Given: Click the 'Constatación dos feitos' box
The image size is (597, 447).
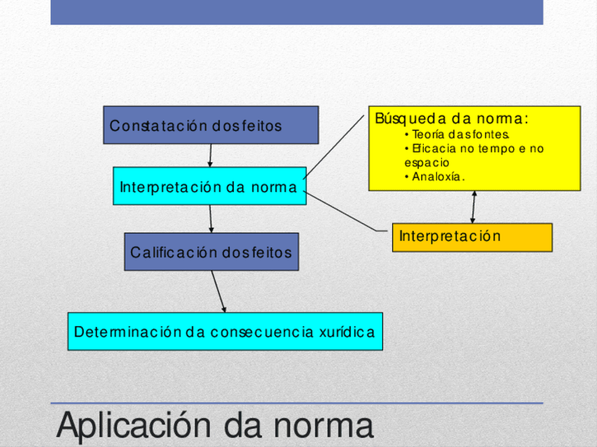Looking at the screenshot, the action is [210, 125].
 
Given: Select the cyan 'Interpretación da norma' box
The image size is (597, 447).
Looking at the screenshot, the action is [209, 186].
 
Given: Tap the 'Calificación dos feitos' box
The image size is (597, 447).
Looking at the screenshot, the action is [211, 252].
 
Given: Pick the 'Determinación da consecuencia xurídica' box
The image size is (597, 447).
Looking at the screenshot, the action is [225, 331].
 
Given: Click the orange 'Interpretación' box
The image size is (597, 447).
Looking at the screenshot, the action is [472, 237].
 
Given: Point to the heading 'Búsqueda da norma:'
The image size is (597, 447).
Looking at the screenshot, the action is [451, 119].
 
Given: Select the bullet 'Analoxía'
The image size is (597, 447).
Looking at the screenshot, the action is [439, 176].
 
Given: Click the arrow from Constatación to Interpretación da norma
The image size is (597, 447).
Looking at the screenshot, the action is [210, 155].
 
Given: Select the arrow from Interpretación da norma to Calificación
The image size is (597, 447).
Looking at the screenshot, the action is [210, 219].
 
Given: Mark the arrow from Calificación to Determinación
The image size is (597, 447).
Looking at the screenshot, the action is [218, 291].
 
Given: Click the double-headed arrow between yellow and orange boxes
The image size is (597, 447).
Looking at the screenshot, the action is [473, 207].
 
